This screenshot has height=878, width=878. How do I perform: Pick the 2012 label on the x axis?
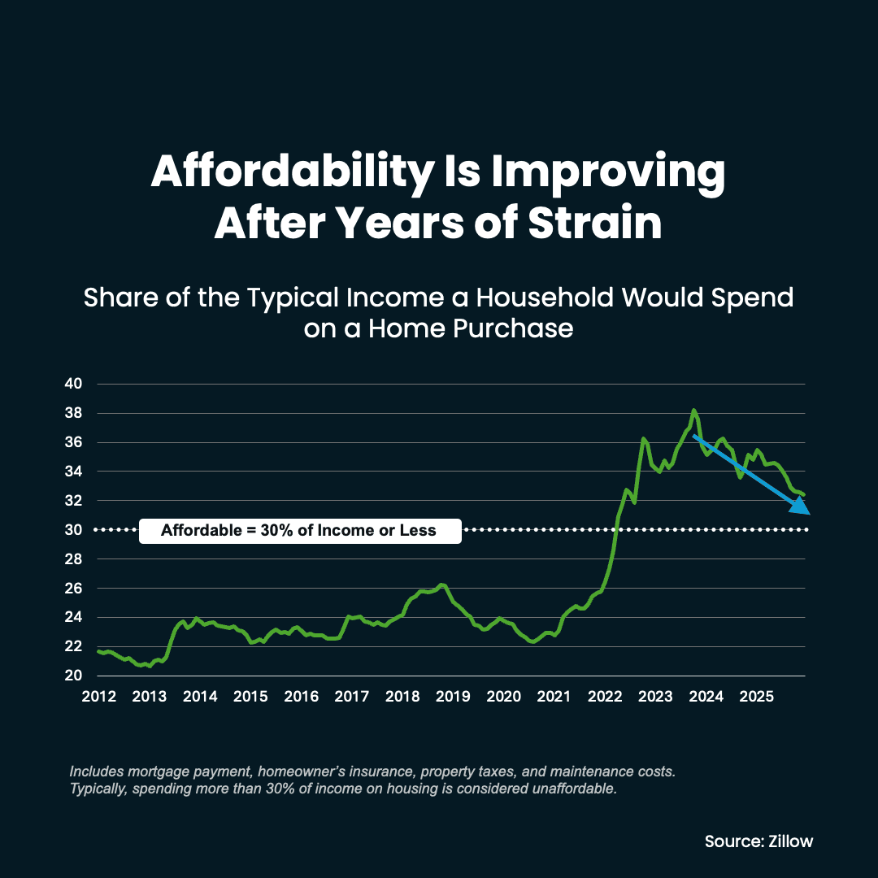98,697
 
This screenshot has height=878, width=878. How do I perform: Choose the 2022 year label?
604,697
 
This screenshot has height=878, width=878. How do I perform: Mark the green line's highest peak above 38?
693,411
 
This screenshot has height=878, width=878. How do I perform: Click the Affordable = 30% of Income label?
299,531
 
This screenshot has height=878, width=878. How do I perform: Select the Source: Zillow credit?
758,841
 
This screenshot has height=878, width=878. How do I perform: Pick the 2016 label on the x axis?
301,697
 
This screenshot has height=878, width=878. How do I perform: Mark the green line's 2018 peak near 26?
441,585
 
